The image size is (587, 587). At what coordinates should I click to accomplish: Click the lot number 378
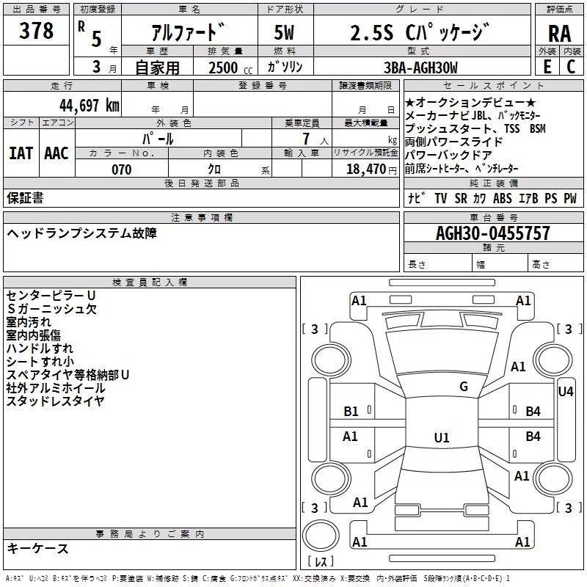[37, 31]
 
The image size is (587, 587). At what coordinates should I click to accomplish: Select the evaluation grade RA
[559, 34]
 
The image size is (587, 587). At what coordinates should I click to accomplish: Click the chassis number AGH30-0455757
[492, 233]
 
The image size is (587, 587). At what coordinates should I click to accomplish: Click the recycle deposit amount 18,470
[365, 169]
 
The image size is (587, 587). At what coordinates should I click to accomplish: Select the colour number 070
[121, 169]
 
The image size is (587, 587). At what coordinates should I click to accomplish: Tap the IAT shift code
[21, 153]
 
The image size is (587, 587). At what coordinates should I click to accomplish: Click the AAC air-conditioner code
[56, 153]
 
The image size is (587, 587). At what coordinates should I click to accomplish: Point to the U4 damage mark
[566, 392]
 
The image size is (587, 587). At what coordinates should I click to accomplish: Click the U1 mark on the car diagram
[442, 437]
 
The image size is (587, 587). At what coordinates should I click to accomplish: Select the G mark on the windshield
[463, 387]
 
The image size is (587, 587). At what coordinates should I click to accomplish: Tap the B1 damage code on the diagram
[351, 412]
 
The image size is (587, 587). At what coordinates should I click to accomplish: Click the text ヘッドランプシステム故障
[81, 233]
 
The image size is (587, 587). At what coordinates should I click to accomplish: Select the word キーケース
[38, 548]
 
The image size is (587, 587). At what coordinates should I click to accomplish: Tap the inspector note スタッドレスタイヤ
[56, 401]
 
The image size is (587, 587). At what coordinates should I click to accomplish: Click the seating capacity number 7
[304, 139]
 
